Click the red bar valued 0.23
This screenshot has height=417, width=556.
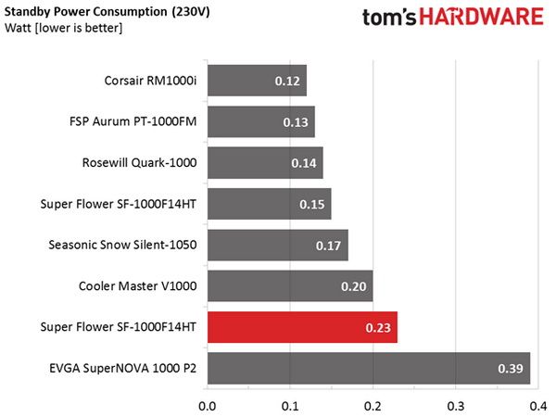pyautogui.click(x=302, y=327)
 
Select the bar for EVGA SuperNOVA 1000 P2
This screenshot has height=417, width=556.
pyautogui.click(x=369, y=368)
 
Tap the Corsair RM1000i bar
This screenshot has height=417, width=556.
pyautogui.click(x=257, y=81)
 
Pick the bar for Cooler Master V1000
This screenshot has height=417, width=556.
pyautogui.click(x=290, y=285)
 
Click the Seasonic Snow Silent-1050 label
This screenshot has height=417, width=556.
pyautogui.click(x=122, y=245)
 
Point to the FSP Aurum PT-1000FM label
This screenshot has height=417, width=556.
pyautogui.click(x=133, y=121)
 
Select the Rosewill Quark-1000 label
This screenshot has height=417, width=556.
pyautogui.click(x=139, y=163)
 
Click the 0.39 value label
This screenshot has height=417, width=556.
pyautogui.click(x=511, y=369)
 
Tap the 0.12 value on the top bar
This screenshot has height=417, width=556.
pyautogui.click(x=287, y=81)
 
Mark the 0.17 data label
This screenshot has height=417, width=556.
pyautogui.click(x=328, y=246)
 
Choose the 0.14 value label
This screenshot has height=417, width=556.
pyautogui.click(x=304, y=163)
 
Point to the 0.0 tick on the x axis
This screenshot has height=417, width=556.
pyautogui.click(x=207, y=406)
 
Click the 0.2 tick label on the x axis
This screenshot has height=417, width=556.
pyautogui.click(x=373, y=406)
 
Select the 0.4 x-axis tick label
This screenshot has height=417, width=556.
pyautogui.click(x=538, y=406)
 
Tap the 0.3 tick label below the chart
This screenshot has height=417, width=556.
pyautogui.click(x=456, y=406)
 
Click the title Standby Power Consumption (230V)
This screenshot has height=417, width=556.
pyautogui.click(x=107, y=12)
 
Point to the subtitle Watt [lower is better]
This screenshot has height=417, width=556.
pyautogui.click(x=63, y=28)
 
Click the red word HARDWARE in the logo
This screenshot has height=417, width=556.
pyautogui.click(x=482, y=17)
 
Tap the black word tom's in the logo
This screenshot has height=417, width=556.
pyautogui.click(x=389, y=18)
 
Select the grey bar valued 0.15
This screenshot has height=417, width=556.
pyautogui.click(x=270, y=204)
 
